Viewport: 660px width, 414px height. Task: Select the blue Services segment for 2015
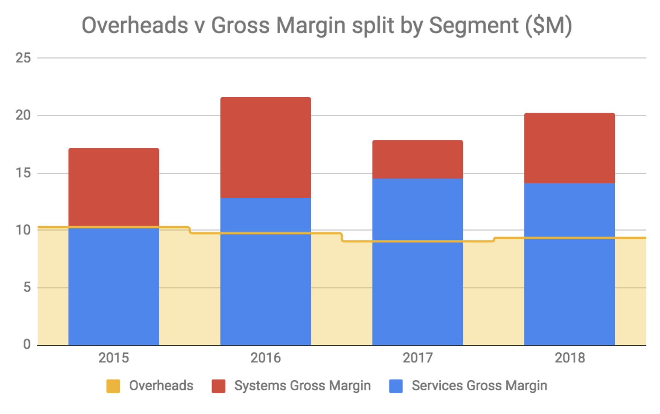point(113,286)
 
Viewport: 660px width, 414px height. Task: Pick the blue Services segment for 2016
point(266,271)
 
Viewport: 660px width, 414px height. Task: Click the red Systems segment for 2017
point(417,159)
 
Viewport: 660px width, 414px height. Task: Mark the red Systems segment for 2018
point(569,148)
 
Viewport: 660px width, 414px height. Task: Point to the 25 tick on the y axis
point(23,58)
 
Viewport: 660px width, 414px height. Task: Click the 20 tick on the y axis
point(23,116)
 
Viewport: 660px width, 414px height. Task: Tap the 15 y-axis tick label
point(23,173)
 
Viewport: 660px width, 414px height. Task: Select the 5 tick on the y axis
point(26,288)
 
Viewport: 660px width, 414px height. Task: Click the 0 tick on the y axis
point(26,344)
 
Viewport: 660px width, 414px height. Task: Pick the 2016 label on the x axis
point(266,358)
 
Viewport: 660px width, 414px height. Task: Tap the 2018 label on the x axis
point(570,358)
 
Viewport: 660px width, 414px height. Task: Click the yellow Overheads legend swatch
point(113,386)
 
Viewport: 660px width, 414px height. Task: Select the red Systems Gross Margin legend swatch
point(218,386)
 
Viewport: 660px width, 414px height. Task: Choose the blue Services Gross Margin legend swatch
point(396,386)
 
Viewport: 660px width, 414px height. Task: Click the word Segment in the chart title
point(474,26)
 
